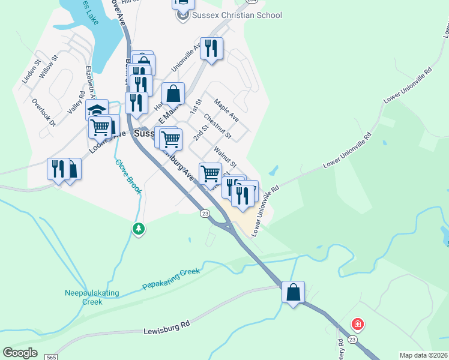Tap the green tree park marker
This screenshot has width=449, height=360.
tap(139, 229)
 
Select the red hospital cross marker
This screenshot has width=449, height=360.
tap(358, 325)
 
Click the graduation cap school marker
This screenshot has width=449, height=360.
tap(97, 110)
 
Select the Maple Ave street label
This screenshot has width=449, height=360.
tap(226, 110)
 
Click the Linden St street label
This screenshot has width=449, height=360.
tap(31, 71)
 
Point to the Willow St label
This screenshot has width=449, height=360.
tap(47, 66)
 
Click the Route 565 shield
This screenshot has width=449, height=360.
tap(51, 357)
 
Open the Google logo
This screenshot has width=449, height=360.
tap(20, 353)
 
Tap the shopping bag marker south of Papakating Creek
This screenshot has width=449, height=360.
tap(293, 293)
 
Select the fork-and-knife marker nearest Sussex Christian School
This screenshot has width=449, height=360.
tap(211, 48)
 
